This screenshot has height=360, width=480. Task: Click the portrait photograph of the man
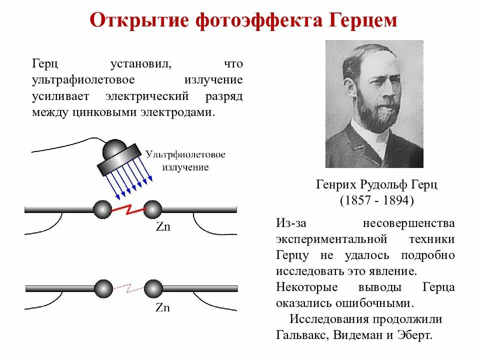click(x=374, y=104)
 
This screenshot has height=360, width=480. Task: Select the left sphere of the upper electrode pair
click(x=102, y=209)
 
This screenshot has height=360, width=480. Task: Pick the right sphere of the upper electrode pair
click(x=152, y=209)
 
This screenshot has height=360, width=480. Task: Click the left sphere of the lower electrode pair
click(x=103, y=288)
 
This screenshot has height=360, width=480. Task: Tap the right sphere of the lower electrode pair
click(x=153, y=288)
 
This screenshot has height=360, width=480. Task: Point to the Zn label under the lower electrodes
click(x=162, y=307)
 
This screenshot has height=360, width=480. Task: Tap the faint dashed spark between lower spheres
click(x=129, y=288)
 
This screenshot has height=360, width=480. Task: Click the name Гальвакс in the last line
click(x=299, y=335)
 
